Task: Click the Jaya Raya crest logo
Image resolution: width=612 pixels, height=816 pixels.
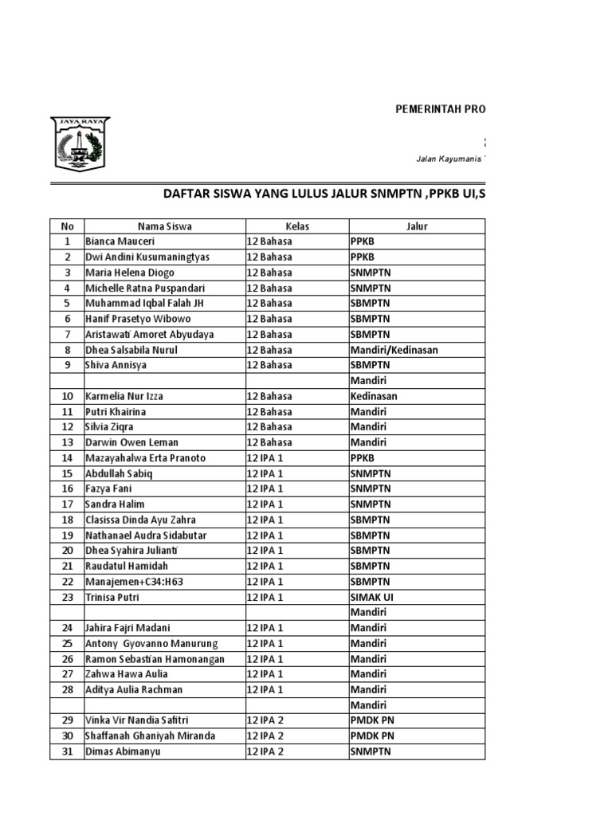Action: pos(80,143)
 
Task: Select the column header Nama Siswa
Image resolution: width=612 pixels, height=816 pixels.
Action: pos(163,226)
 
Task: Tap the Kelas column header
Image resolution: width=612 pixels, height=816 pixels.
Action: pos(297,226)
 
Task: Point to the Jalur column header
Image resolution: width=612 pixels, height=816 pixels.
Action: pos(417,226)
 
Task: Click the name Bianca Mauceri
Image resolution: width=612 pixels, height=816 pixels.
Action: pos(120,241)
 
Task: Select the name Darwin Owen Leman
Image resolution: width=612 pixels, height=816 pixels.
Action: pos(131,442)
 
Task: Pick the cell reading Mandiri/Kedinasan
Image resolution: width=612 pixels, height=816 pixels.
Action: pos(394,350)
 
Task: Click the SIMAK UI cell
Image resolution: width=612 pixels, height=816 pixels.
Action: pos(372,597)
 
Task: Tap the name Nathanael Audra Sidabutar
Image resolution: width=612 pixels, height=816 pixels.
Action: pos(145,535)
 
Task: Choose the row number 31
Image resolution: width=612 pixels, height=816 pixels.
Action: pos(68,751)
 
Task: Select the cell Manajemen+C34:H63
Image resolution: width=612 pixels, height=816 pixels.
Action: pos(134,582)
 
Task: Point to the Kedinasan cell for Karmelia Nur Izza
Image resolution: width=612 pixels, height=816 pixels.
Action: pos(374,396)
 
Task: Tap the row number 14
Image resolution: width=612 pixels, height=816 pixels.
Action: pos(68,458)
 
